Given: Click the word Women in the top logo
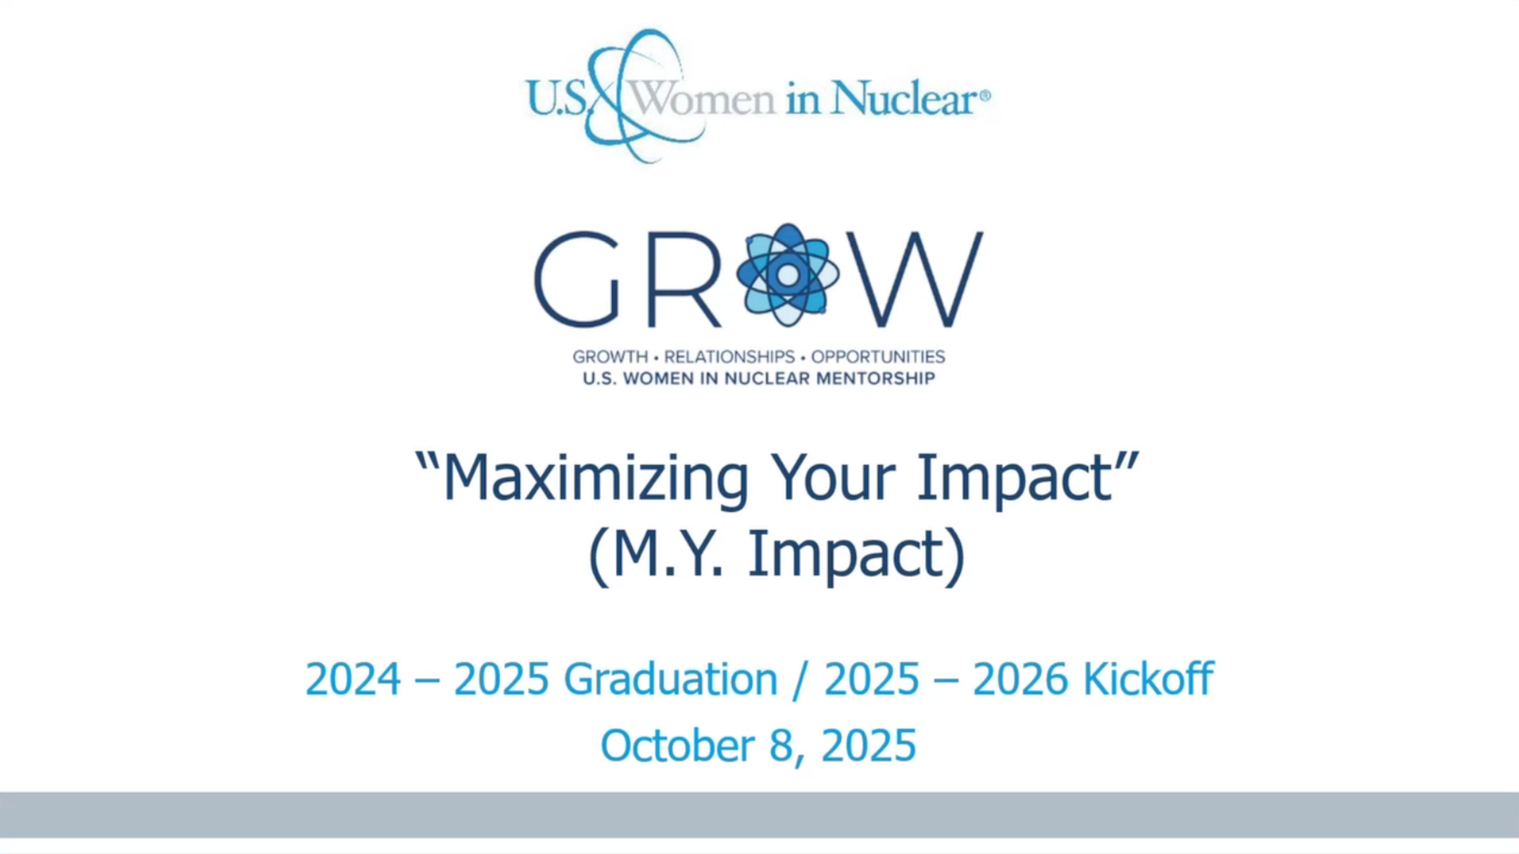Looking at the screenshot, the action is tap(702, 97).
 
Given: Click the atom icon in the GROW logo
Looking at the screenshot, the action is tap(787, 275).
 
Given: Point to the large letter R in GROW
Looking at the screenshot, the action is tap(684, 278).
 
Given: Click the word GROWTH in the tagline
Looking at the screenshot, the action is tap(610, 357).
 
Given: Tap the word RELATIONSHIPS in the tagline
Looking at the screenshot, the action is tap(730, 357).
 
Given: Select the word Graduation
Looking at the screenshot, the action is tap(670, 679).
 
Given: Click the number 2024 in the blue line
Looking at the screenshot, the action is tap(353, 679).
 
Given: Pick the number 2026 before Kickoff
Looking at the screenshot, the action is tap(1020, 679).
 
